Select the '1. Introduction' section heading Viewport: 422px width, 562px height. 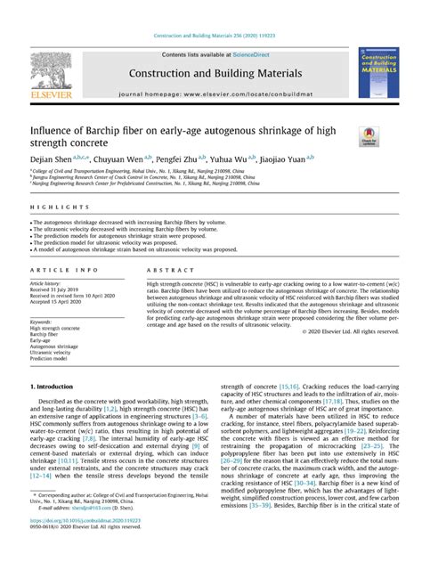click(x=59, y=387)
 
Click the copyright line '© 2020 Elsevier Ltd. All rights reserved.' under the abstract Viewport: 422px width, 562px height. click(x=346, y=331)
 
